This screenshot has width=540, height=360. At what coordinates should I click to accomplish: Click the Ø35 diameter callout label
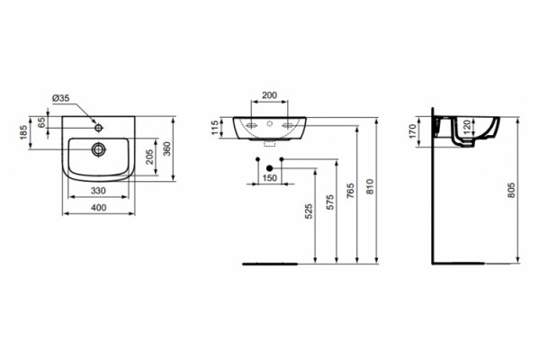coord(60,98)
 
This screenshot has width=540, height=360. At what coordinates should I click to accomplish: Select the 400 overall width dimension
coord(99,208)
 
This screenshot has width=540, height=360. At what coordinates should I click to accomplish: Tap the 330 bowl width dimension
coord(98,191)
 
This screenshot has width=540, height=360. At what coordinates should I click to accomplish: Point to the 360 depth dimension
coord(167,148)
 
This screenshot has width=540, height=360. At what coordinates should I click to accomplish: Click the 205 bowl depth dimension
coord(149,157)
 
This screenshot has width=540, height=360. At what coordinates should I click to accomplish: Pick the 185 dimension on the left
coord(23,132)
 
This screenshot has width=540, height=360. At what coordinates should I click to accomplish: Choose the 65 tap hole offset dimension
coord(41,123)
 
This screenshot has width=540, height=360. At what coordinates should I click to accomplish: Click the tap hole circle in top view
coord(99,128)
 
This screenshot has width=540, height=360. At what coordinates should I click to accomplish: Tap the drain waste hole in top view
coord(99,149)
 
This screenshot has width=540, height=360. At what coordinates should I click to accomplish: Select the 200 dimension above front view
coord(269,95)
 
